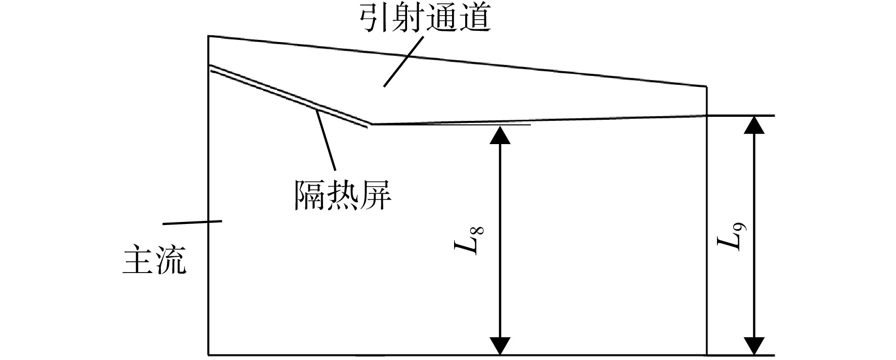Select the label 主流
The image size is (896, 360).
pos(155,260)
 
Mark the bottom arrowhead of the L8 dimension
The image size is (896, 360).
pos(500,346)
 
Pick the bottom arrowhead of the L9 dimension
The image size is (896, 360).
pos(754,346)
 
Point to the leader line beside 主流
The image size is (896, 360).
pos(192,222)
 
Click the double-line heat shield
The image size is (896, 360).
pos(289,96)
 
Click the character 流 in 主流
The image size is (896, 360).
pos(171,260)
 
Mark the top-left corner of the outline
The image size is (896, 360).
pos(209,36)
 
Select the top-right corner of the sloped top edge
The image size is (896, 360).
pos(706,86)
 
